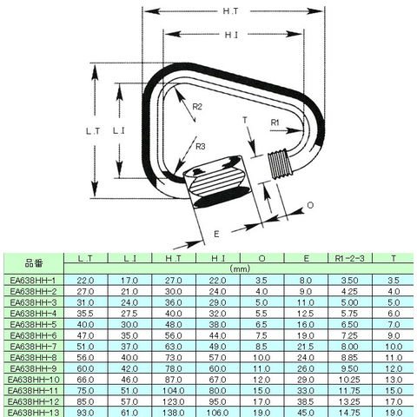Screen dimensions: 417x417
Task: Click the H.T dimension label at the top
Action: [x=230, y=11]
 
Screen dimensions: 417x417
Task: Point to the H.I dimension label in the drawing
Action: [x=231, y=35]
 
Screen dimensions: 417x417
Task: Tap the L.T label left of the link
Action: [x=93, y=131]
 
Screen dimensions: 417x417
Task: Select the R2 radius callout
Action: [x=197, y=107]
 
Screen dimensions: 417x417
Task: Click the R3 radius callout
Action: [x=201, y=147]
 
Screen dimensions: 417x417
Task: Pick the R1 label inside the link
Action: [x=275, y=122]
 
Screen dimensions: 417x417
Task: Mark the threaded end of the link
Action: [x=281, y=164]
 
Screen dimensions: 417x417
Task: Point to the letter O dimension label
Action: [x=310, y=205]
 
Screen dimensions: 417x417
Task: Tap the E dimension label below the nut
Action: [x=216, y=234]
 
